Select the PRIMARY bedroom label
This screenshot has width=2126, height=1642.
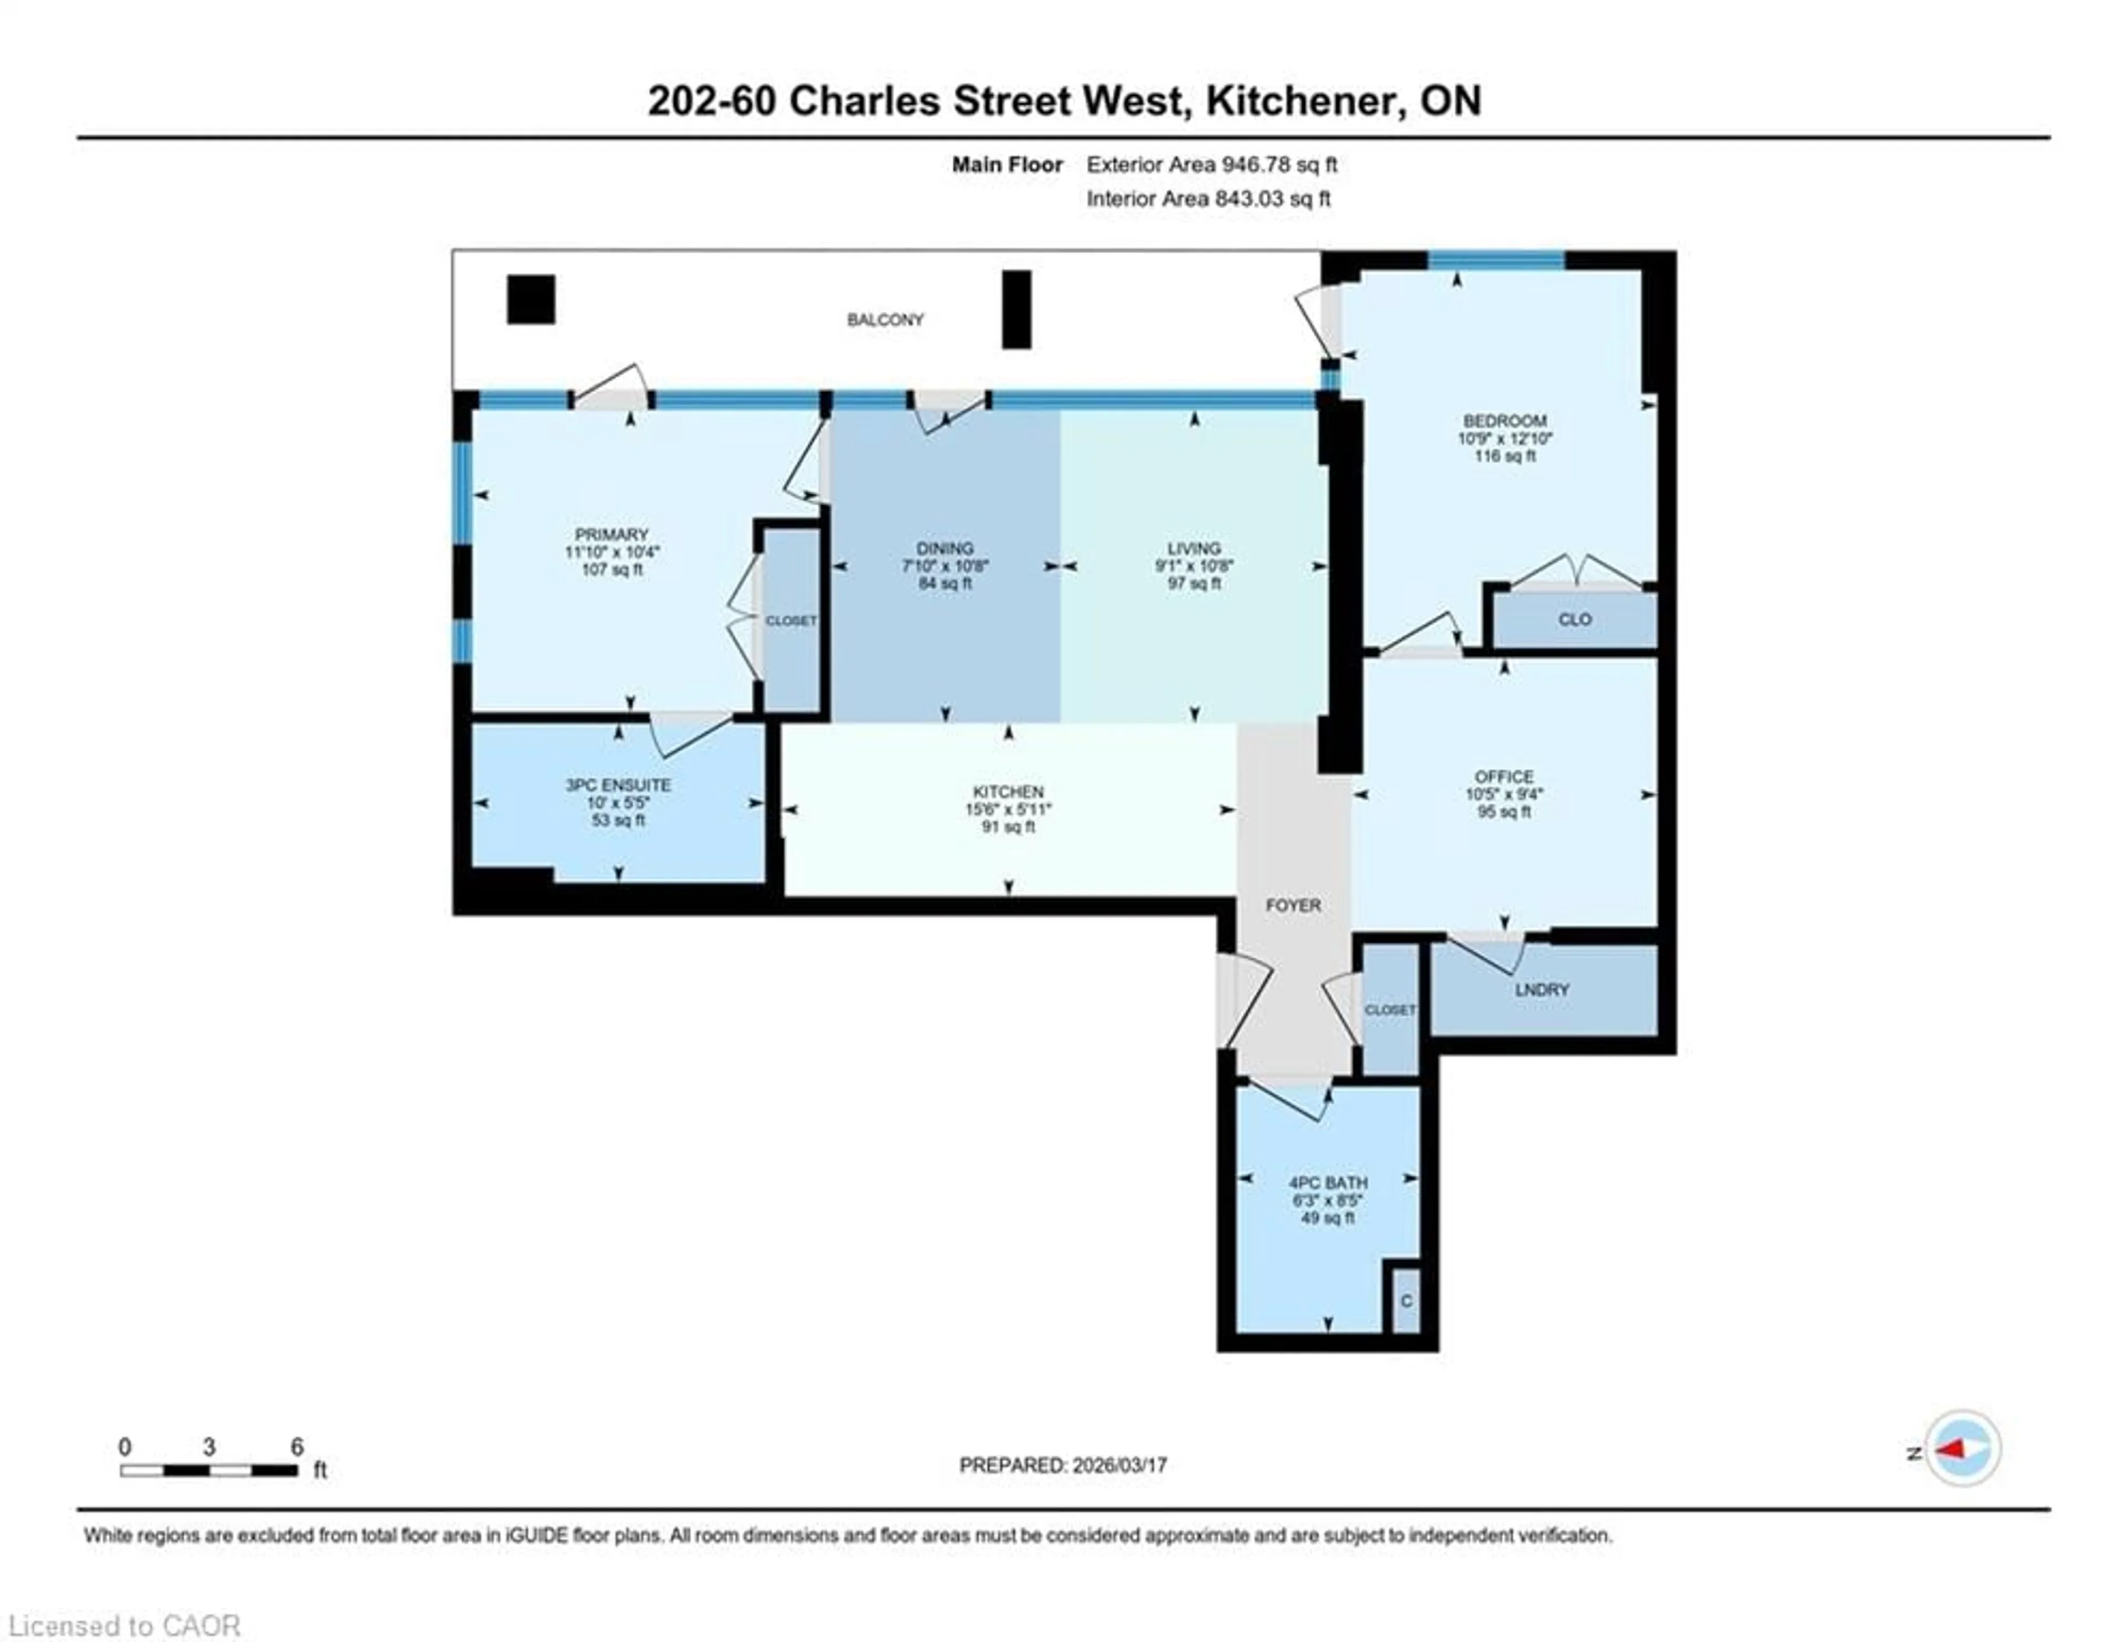(611, 535)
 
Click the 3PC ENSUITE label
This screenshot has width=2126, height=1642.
(618, 785)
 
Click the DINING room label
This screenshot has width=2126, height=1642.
(944, 548)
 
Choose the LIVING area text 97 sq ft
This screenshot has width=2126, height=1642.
(1194, 583)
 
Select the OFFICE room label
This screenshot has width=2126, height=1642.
(1504, 776)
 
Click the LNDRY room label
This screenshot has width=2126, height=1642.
(1542, 989)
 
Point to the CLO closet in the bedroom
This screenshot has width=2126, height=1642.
(1574, 619)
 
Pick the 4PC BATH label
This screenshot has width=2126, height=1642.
(1328, 1182)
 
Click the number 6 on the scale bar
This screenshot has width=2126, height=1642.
(297, 1446)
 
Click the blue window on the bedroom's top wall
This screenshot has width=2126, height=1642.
(1495, 259)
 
